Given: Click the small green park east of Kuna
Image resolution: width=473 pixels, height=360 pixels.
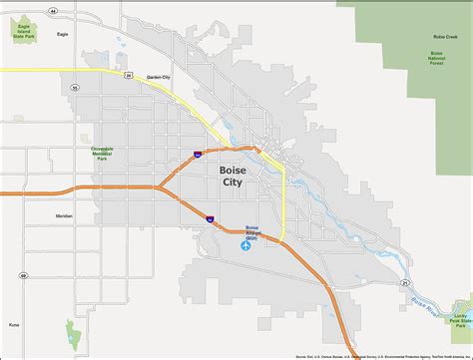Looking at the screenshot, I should [x=71, y=333].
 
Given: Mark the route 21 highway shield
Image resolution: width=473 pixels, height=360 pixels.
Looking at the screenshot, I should [x=404, y=283].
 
